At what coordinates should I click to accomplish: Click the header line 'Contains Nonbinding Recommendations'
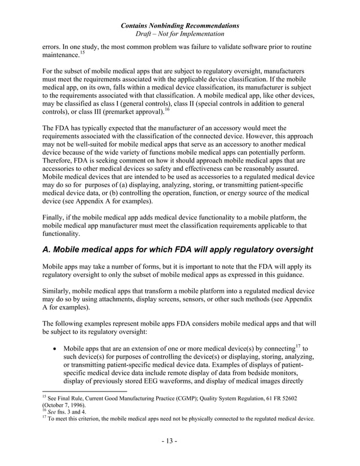[x=179, y=25]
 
